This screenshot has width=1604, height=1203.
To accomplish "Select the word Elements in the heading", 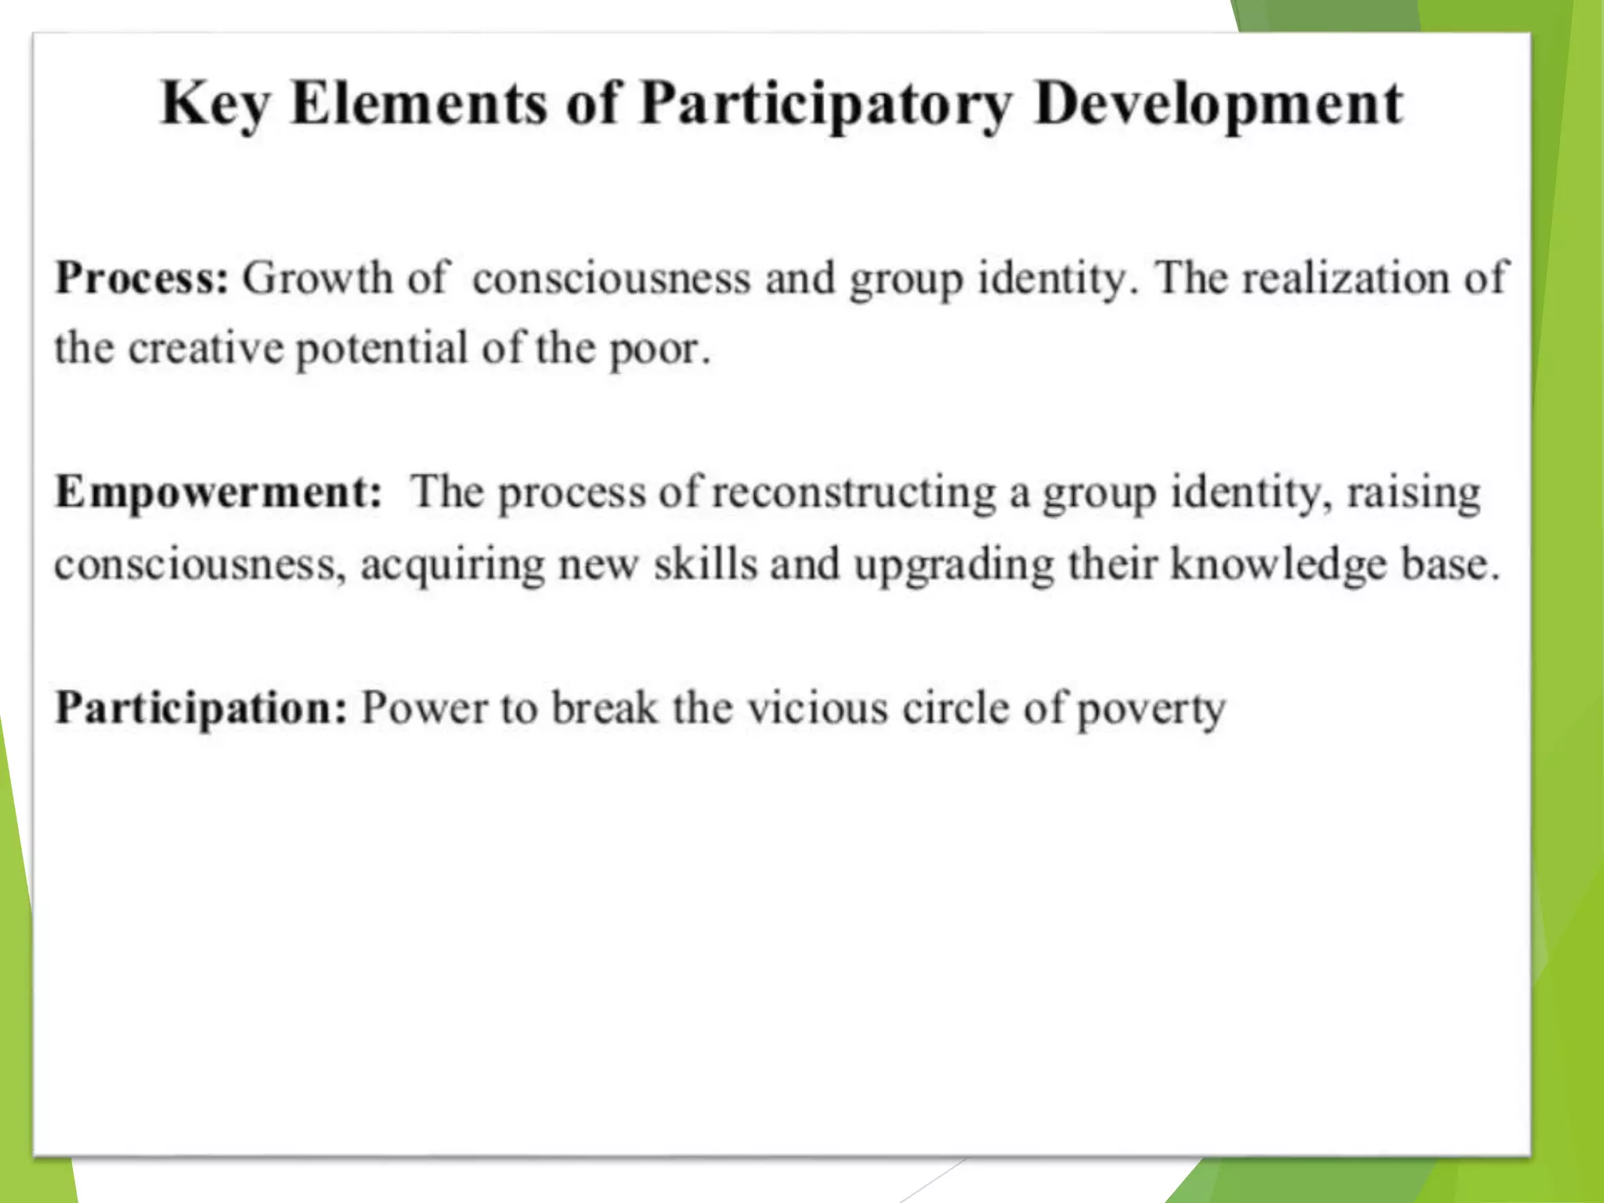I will click(418, 103).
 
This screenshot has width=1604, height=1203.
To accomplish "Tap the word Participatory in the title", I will click(826, 105).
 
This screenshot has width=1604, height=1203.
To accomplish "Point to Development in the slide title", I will click(1219, 105).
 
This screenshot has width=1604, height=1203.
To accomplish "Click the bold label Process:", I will click(142, 278).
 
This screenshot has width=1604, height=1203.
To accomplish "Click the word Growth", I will click(317, 278).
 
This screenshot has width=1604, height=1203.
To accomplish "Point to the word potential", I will click(381, 348).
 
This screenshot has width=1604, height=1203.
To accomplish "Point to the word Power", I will click(424, 708).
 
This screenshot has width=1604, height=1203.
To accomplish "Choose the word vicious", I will click(817, 708).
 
